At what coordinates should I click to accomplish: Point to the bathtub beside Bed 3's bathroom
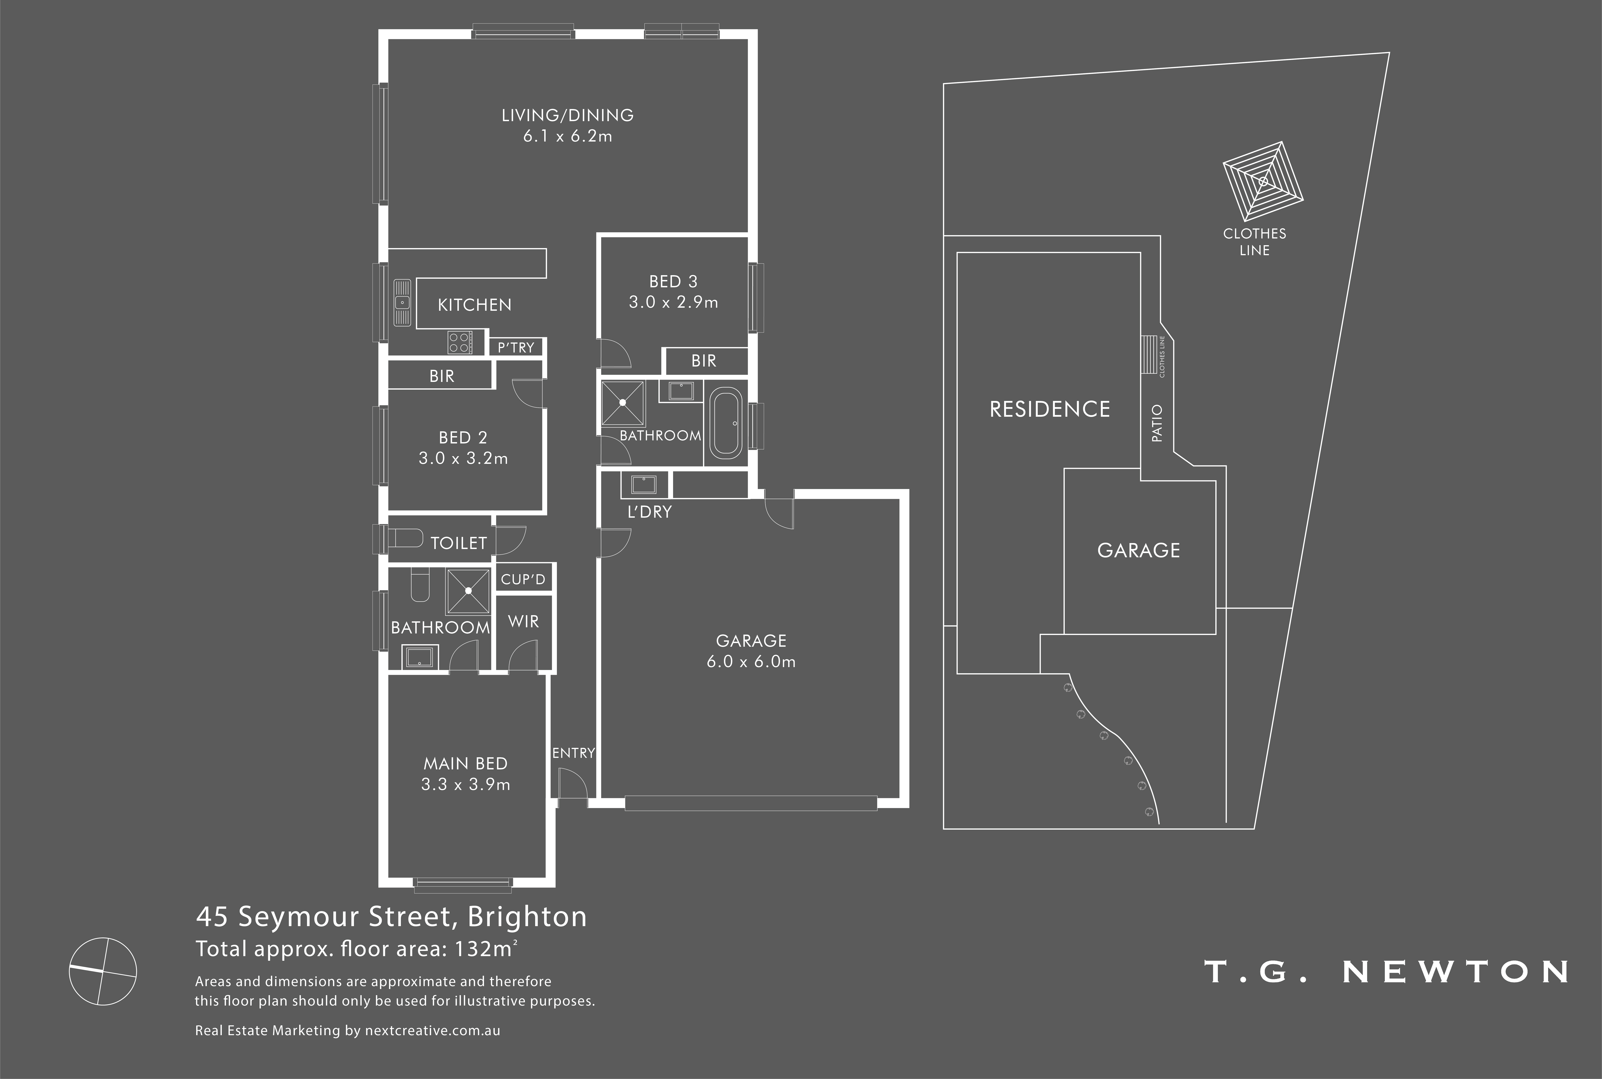point(725,423)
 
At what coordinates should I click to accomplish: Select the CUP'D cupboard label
point(523,579)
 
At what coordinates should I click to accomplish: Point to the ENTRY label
point(573,753)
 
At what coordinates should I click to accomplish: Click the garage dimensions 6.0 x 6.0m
point(751,662)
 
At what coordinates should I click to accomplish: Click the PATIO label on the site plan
point(1157,423)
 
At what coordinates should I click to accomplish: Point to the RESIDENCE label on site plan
point(1049,409)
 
